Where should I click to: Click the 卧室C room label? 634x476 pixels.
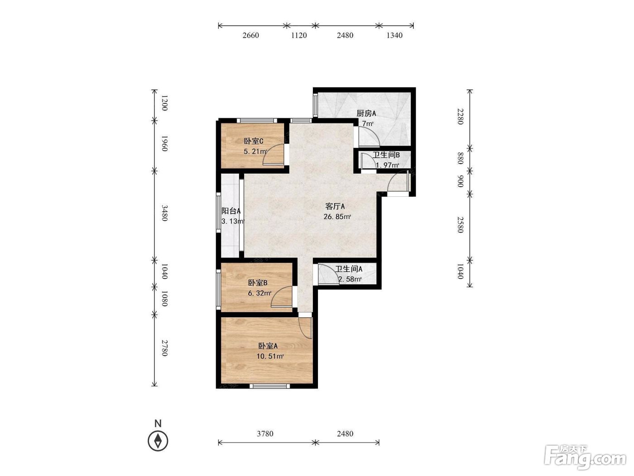point(253,141)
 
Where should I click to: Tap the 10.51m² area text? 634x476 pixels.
point(270,356)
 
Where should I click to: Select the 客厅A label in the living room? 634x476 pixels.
point(335,206)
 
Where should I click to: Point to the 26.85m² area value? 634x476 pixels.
point(337,217)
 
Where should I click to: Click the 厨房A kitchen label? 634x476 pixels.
point(366,113)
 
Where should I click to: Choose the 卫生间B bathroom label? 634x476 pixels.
point(386,155)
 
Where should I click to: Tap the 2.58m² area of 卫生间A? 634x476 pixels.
point(350,279)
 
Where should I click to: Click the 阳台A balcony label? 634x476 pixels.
point(231,211)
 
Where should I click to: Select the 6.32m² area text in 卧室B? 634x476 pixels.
point(259,293)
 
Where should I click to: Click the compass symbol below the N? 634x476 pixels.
point(158,441)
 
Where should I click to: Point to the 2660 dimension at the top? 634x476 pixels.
point(250,35)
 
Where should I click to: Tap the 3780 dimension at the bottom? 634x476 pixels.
point(265,433)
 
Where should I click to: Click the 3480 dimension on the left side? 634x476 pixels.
point(164,213)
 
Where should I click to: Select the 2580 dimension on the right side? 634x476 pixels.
point(460,225)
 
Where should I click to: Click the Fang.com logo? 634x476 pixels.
point(585,457)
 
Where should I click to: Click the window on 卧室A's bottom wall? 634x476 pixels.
point(270,386)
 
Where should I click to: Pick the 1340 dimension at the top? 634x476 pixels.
point(394,35)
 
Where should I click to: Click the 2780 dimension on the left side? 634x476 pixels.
point(164,348)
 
